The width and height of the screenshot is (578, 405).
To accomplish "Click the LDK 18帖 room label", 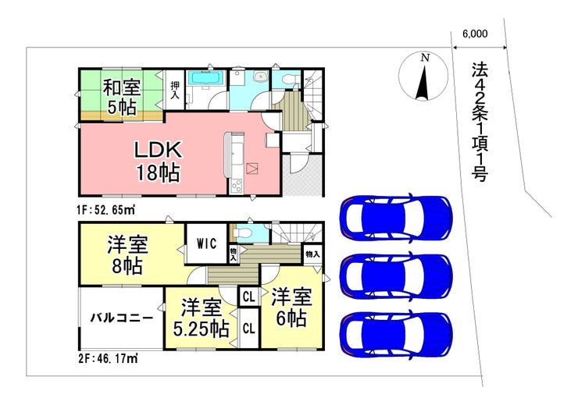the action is point(158,162).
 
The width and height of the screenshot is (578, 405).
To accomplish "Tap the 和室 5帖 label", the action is point(122,98).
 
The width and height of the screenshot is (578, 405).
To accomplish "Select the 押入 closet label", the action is point(175,91).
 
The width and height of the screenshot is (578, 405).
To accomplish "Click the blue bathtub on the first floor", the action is point(205,78).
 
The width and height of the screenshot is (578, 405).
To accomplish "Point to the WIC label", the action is point(206,243).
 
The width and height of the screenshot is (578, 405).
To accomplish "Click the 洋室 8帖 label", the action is point(127,255).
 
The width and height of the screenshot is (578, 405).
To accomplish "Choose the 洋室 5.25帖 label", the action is point(202,318).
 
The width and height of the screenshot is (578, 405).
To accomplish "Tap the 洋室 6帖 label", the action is point(291,307).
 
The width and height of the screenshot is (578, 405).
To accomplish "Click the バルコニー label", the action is point(122,318).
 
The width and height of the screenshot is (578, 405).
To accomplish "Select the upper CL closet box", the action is point(249,297).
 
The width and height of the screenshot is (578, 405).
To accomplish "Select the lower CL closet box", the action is point(249,329).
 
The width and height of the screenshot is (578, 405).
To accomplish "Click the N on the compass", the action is point(426,58).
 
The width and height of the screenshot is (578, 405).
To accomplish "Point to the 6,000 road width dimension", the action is point(475,34).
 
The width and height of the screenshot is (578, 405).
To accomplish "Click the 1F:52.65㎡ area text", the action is point(105,210).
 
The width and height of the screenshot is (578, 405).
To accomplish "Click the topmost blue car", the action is point(396,217).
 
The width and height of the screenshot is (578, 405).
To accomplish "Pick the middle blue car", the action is point(396,275).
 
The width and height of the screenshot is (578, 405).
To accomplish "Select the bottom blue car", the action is point(396,334).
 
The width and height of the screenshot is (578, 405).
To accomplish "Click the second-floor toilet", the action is point(244,233).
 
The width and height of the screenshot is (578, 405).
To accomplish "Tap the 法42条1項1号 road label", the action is point(480,122).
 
